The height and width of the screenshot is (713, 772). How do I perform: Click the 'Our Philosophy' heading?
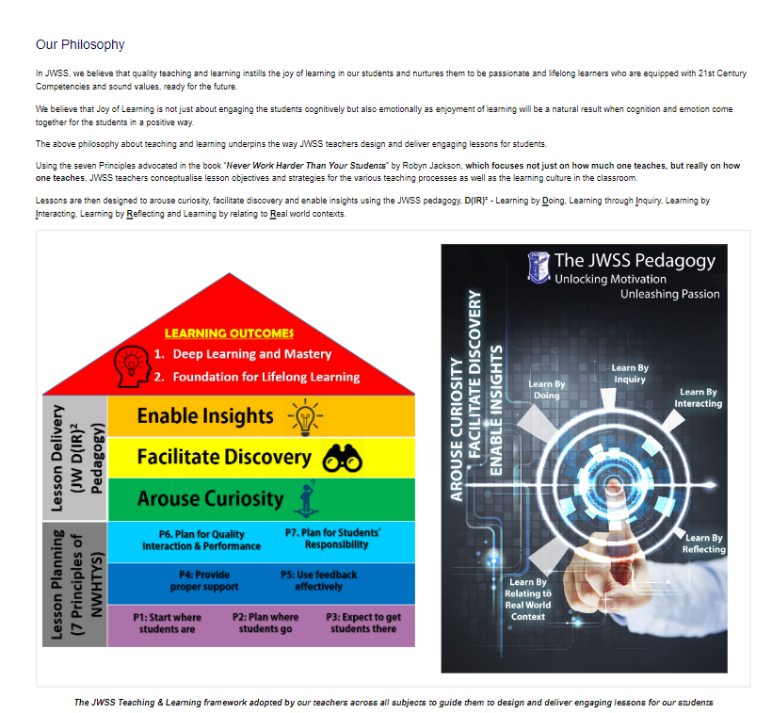[80, 44]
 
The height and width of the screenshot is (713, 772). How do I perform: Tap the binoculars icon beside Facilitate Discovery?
[342, 459]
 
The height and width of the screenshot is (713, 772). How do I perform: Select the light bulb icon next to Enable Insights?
[305, 417]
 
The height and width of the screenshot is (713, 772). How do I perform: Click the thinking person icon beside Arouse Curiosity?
[307, 499]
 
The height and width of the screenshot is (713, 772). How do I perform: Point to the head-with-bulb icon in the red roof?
[132, 366]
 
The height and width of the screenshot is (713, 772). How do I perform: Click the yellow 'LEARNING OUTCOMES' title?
[229, 333]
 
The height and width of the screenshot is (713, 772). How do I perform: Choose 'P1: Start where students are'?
[167, 623]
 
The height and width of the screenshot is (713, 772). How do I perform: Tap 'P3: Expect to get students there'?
[363, 623]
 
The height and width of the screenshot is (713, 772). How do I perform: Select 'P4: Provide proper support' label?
[204, 580]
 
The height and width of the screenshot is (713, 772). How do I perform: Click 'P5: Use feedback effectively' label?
[318, 580]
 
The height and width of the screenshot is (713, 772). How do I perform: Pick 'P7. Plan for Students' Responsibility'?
[333, 539]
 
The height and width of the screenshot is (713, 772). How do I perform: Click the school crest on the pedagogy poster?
[539, 267]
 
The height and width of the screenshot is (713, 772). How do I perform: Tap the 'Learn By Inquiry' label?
[630, 373]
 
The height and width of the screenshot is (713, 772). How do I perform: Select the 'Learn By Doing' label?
[546, 390]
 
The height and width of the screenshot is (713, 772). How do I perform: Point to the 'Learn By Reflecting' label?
[703, 543]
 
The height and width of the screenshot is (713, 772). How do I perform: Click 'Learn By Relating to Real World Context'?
[528, 599]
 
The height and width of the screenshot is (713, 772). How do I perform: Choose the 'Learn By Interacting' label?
[699, 397]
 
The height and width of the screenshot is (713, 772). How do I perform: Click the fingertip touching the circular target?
[614, 487]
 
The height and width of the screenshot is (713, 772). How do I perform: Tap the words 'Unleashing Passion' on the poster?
[669, 294]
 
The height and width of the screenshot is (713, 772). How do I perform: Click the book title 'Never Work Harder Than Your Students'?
[306, 166]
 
